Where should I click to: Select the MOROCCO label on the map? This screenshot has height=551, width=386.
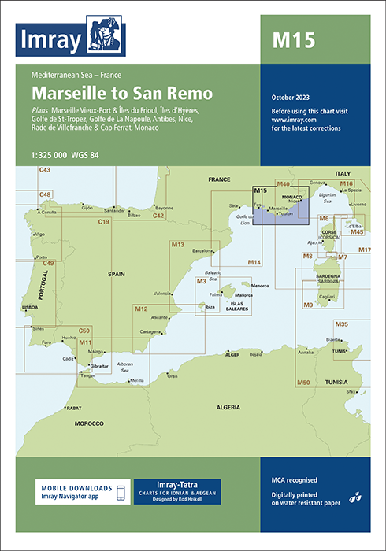[89, 423]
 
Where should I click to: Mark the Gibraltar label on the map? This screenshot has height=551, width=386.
[100, 367]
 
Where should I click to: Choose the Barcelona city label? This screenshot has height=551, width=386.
[202, 250]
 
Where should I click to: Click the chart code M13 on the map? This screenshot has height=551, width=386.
[178, 245]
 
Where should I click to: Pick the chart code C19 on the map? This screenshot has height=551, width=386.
[103, 223]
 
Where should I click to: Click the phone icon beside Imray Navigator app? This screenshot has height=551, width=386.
[120, 493]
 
